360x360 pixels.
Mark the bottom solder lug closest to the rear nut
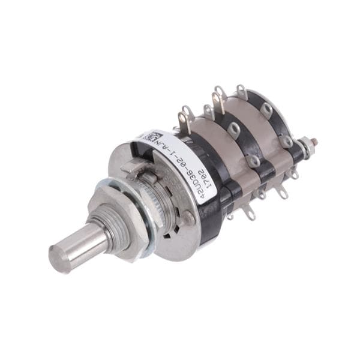(x=293, y=173)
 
